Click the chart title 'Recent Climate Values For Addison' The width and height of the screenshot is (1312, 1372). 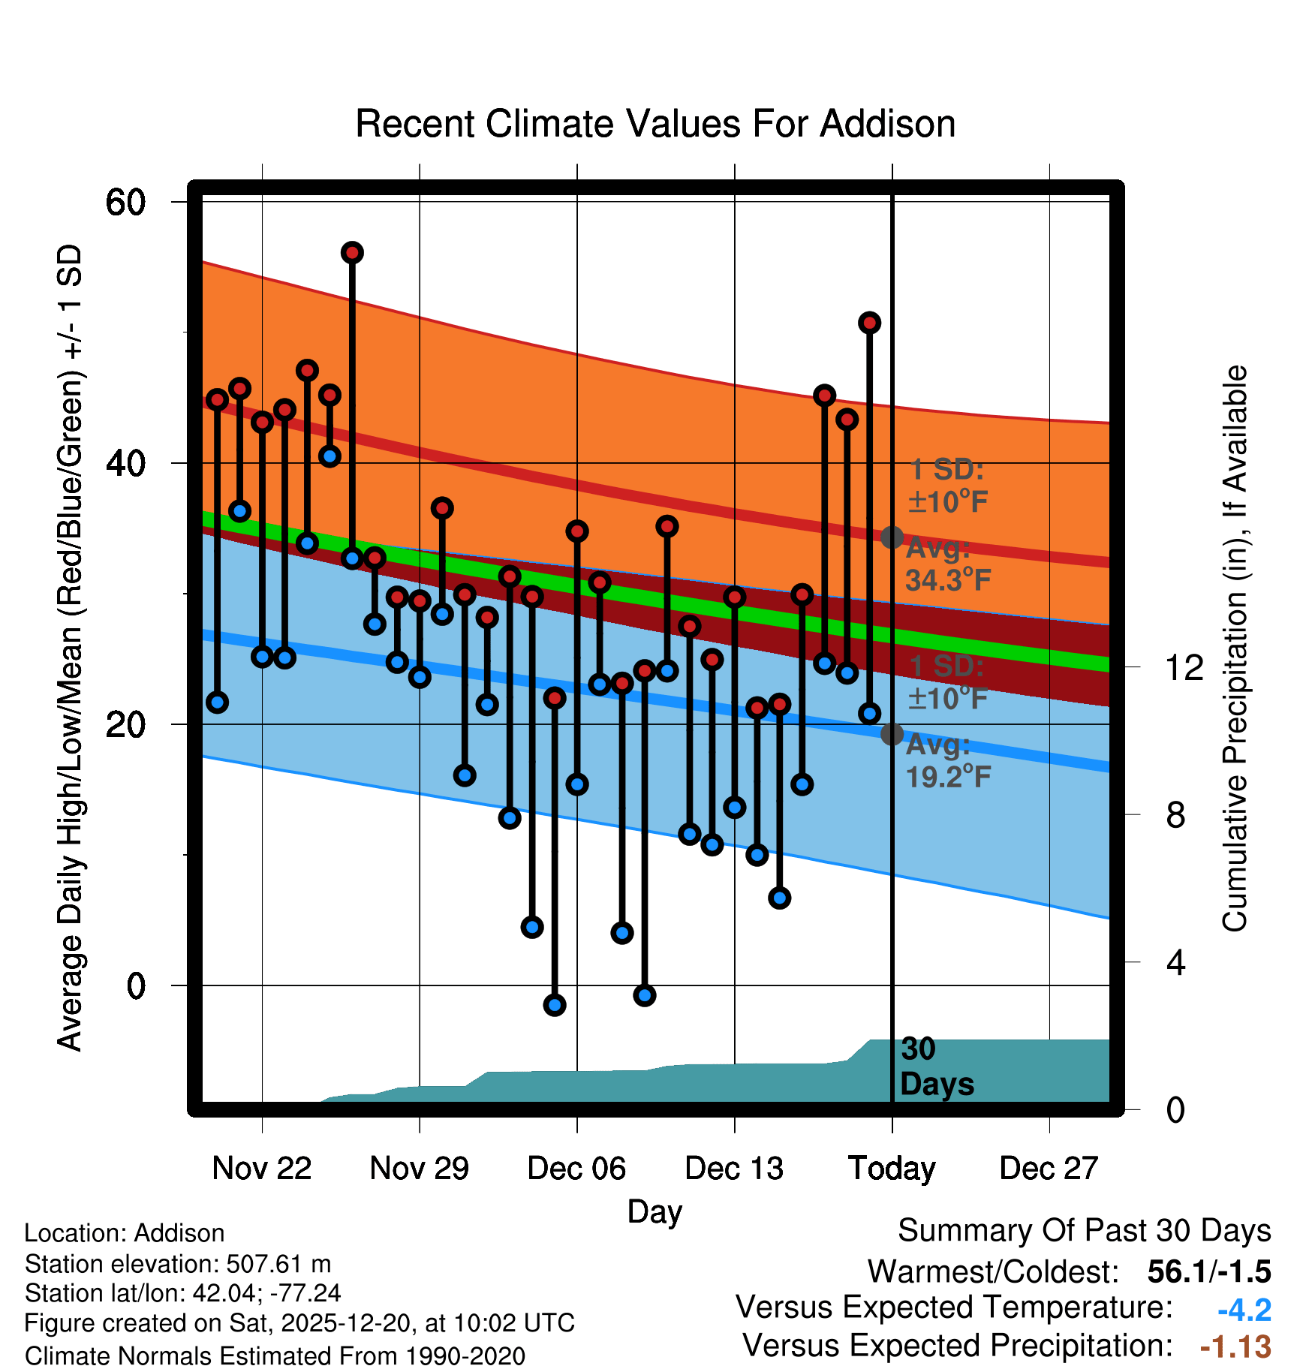[654, 124]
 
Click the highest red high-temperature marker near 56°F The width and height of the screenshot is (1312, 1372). [352, 253]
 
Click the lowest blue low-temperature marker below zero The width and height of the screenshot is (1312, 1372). [555, 1005]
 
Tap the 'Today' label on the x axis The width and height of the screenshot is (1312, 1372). [892, 1169]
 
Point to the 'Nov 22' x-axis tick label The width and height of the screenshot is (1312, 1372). [261, 1169]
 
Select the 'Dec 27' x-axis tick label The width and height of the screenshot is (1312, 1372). [1049, 1169]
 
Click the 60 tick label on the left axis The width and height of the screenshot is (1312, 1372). [125, 202]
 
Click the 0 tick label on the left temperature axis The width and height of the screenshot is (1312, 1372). [136, 985]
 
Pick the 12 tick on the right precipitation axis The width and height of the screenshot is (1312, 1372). [1184, 667]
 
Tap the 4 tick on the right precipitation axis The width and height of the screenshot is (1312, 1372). [1175, 962]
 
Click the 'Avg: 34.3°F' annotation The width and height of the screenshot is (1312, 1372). [948, 564]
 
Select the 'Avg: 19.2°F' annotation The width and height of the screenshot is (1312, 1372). [948, 761]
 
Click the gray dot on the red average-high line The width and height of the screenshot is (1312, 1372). [892, 537]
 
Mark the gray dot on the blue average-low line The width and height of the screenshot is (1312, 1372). [892, 734]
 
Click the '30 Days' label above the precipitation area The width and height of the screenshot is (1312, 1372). [936, 1067]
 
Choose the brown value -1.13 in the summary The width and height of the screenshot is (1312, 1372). [1235, 1346]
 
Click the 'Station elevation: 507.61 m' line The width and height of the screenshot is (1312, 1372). [178, 1264]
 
